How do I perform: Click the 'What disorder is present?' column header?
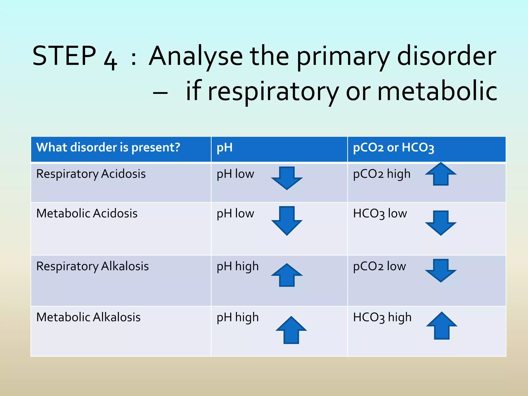tap(108, 147)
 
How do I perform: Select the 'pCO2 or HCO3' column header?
tap(393, 148)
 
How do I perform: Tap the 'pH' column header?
tap(225, 148)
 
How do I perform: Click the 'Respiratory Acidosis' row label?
tap(91, 174)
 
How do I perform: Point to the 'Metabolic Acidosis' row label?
tap(87, 213)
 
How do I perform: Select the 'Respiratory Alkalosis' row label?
tap(92, 266)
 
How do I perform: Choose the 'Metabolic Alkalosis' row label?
tap(88, 317)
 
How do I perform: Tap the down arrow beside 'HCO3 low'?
tap(441, 222)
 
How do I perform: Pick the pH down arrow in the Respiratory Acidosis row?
tap(287, 178)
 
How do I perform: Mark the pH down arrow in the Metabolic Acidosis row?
tap(287, 221)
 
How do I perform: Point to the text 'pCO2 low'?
tap(379, 266)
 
